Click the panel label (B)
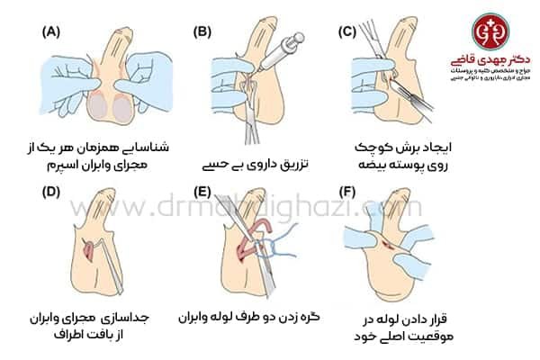tap(202, 34)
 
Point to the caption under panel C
tap(392, 156)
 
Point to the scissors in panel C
tap(369, 63)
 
